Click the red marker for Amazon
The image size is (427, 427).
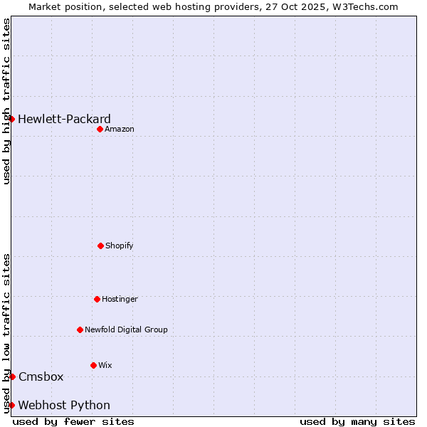click(100, 129)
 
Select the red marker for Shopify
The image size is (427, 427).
click(100, 246)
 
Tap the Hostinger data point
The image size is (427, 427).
click(97, 299)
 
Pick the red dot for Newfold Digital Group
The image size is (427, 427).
click(80, 330)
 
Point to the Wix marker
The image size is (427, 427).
click(93, 365)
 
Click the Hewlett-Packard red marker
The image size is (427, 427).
click(12, 119)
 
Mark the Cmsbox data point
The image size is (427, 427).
click(12, 376)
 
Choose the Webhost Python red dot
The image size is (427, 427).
click(12, 405)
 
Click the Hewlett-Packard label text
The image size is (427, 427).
click(64, 119)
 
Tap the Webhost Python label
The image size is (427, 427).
click(64, 405)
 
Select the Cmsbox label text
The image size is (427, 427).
click(41, 376)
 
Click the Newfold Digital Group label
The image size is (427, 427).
click(126, 330)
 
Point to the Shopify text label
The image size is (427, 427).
click(119, 246)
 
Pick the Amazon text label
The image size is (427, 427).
click(119, 129)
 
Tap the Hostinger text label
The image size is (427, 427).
click(120, 299)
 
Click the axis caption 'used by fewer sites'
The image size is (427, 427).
click(73, 421)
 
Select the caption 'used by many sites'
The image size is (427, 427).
click(357, 421)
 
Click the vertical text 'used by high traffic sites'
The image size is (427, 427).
click(6, 101)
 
